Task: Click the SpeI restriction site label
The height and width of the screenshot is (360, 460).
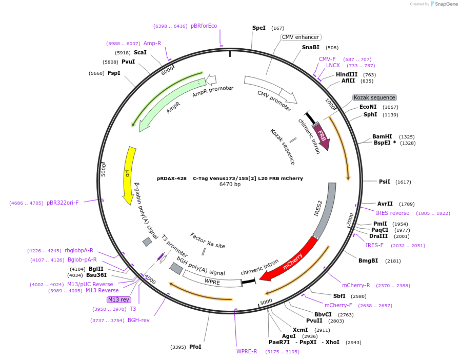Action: point(259,28)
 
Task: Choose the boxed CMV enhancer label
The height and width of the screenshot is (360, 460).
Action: point(301,37)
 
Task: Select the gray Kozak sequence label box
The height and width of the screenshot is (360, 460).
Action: point(374,97)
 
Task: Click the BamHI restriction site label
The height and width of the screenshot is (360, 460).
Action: point(382,136)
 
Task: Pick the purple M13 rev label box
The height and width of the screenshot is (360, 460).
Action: point(118,299)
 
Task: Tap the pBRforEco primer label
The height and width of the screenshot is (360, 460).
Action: point(204,26)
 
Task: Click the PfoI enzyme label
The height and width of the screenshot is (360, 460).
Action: point(195,347)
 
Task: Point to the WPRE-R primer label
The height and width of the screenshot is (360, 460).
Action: point(247,351)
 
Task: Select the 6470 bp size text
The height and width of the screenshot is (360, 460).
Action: point(230,184)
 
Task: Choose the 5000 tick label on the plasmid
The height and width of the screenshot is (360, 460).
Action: point(104,169)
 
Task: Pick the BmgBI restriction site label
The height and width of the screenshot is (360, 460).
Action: point(368,261)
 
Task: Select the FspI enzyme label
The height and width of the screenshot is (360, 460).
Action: point(114,73)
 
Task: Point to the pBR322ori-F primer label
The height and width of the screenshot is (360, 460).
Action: point(63,203)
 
